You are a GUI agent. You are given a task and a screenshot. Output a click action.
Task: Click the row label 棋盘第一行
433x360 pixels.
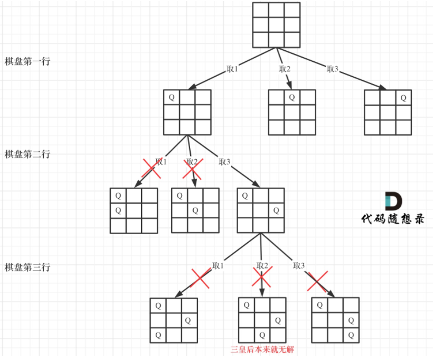(x=27, y=61)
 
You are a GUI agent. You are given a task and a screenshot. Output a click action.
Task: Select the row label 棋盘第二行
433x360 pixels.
(x=27, y=154)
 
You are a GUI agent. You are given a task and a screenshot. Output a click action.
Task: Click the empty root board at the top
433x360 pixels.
(x=276, y=25)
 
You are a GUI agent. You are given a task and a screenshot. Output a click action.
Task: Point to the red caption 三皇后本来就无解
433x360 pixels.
(x=262, y=349)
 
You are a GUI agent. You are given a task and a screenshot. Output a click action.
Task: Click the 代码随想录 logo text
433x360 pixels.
(x=392, y=218)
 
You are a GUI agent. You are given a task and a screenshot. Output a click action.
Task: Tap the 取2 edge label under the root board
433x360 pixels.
(x=285, y=69)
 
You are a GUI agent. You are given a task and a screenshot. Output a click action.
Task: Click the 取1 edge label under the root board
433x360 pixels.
(x=232, y=69)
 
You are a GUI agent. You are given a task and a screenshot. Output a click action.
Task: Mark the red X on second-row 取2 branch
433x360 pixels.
(x=193, y=169)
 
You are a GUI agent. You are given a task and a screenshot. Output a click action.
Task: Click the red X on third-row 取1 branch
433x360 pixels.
(x=200, y=278)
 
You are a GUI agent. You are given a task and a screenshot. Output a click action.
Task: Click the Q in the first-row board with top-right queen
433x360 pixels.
(x=403, y=98)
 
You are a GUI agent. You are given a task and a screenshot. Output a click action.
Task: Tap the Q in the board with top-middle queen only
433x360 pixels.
(x=292, y=97)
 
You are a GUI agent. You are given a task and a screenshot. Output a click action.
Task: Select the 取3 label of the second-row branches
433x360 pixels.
(x=224, y=162)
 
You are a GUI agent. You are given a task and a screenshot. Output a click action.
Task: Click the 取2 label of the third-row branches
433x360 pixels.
(x=262, y=265)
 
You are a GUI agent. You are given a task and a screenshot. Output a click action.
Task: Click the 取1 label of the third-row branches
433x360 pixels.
(x=218, y=265)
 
